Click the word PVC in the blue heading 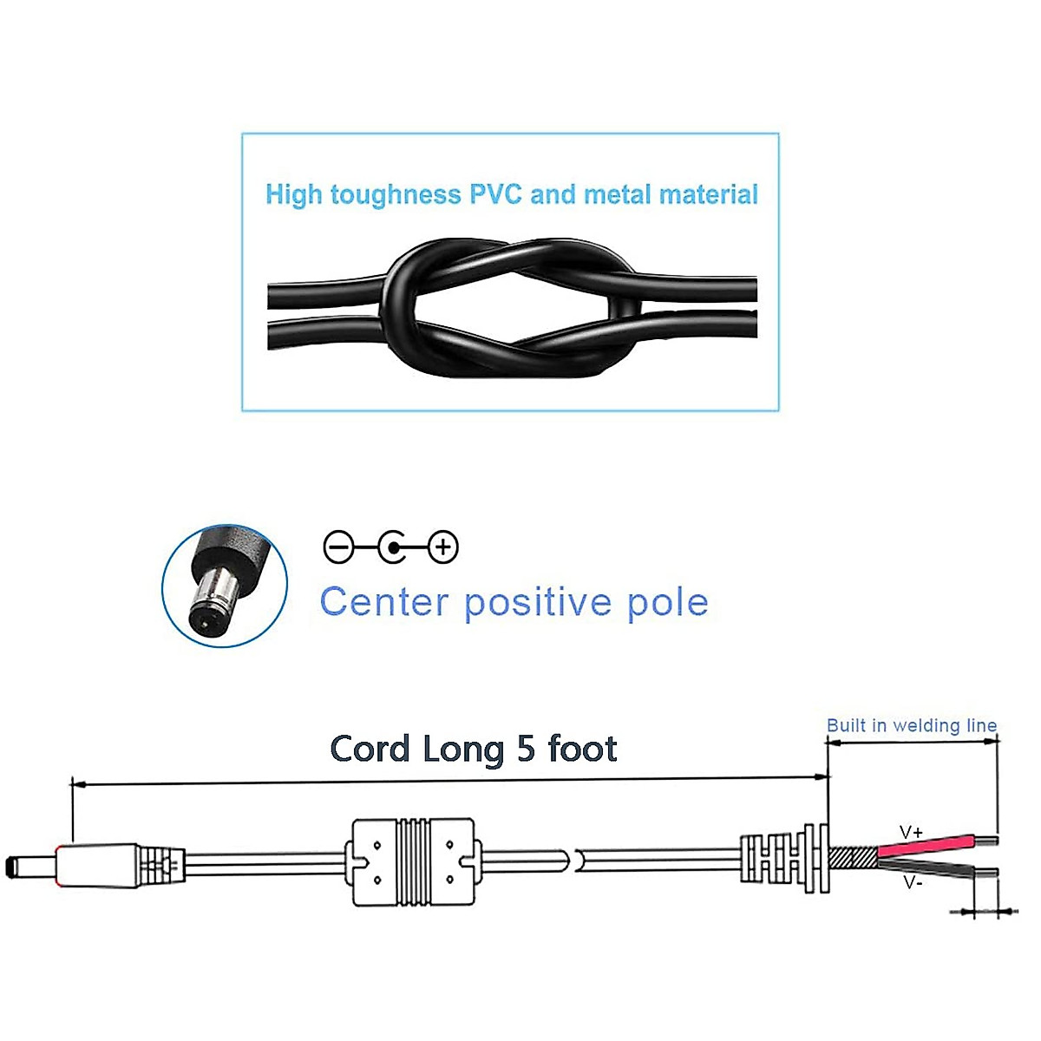(x=496, y=193)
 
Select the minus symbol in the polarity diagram (x=338, y=547)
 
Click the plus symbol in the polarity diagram (x=443, y=547)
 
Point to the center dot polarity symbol (x=393, y=547)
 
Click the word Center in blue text (x=384, y=602)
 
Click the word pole (x=667, y=602)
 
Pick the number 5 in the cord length (x=526, y=749)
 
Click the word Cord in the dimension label (x=369, y=750)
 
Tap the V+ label (x=911, y=833)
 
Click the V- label (x=913, y=883)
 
